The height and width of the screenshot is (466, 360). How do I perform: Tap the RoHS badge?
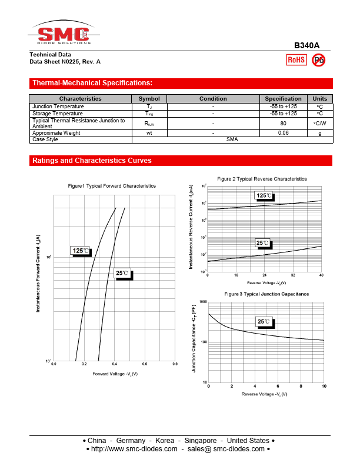[296, 59]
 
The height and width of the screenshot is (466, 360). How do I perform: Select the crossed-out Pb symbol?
[318, 59]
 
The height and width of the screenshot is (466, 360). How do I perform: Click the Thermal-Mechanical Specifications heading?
[92, 84]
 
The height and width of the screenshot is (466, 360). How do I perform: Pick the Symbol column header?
[149, 99]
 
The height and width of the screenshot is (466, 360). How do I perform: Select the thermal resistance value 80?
[283, 123]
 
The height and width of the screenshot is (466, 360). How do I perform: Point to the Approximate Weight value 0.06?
[283, 133]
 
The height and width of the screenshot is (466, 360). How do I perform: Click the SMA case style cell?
[232, 139]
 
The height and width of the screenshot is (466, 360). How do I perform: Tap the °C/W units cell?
[319, 123]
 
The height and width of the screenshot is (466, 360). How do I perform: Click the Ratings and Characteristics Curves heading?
[92, 161]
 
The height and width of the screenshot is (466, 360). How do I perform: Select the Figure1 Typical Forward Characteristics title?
[112, 186]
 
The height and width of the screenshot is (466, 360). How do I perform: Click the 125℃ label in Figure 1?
[81, 251]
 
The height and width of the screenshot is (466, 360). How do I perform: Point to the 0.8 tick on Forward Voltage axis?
[175, 364]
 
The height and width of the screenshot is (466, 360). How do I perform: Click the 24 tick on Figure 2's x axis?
[265, 275]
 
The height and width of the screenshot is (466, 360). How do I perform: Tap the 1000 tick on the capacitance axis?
[203, 302]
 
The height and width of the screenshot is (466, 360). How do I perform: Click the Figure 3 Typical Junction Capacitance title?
[266, 294]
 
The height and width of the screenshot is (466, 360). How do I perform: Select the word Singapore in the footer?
[201, 441]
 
